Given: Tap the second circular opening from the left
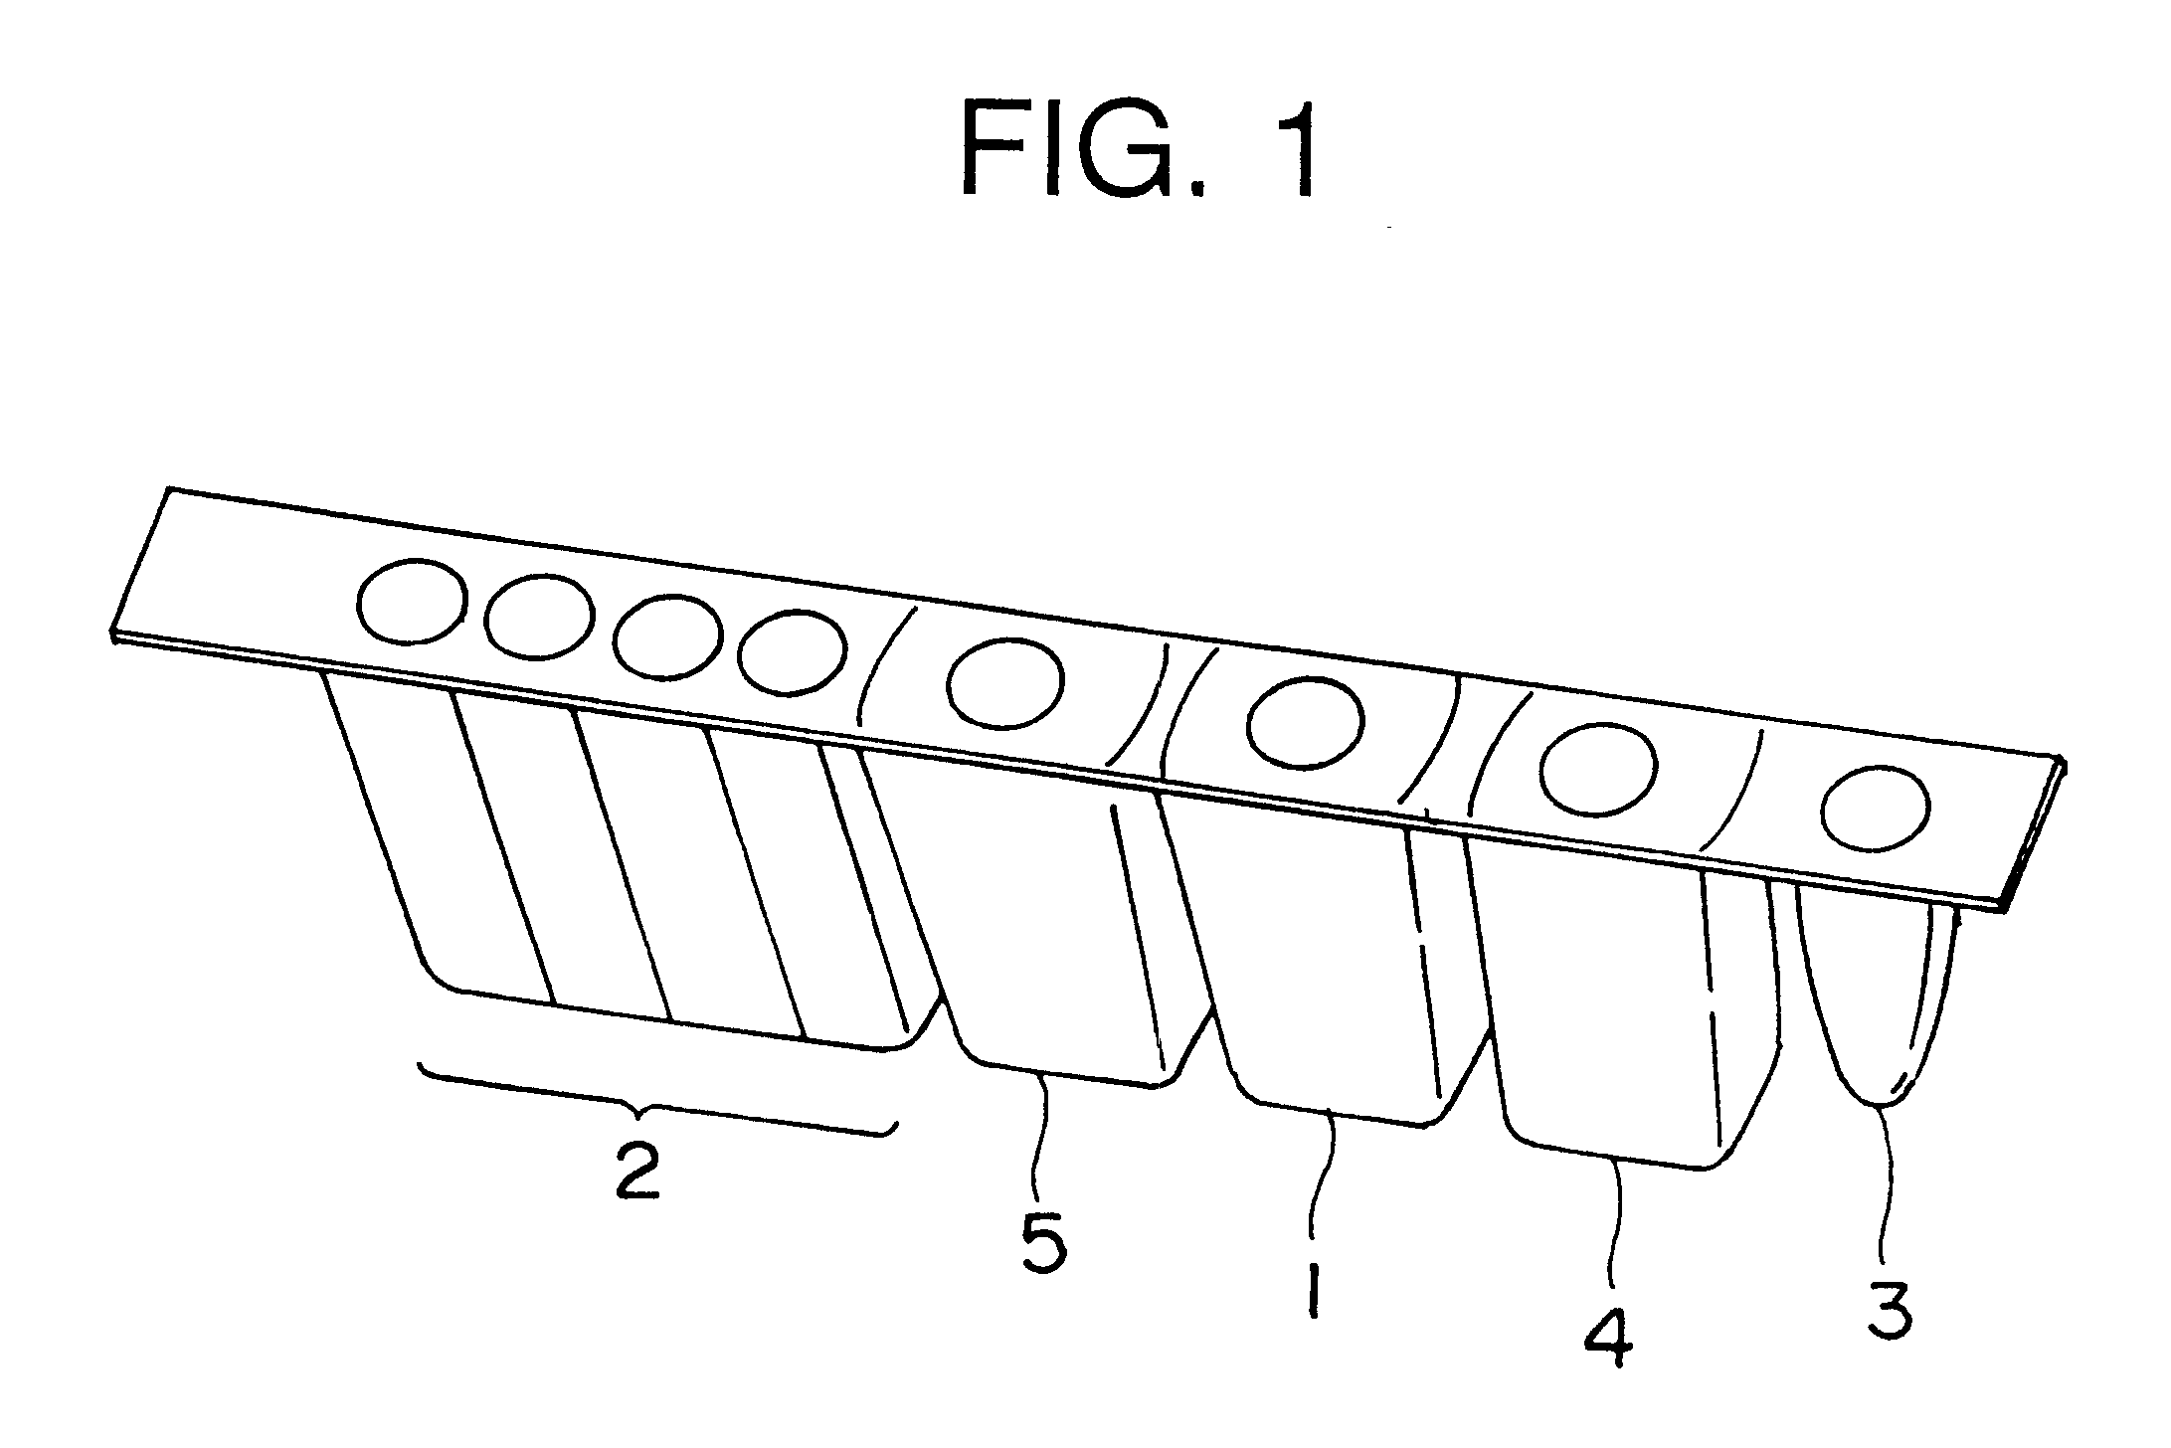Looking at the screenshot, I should (x=539, y=616).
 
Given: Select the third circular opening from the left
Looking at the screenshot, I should (x=666, y=637).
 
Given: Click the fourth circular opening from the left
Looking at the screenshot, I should (x=793, y=651).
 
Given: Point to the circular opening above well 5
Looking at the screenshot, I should (x=1004, y=682).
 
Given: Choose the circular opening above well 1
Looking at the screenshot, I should (x=1305, y=722).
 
